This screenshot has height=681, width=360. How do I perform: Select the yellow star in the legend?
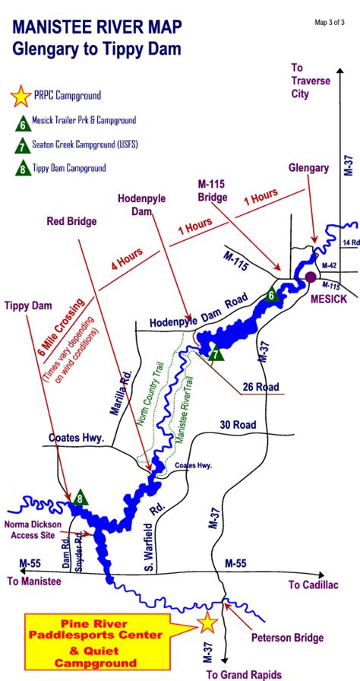[x=21, y=97]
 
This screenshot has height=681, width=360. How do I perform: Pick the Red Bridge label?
[x=72, y=221]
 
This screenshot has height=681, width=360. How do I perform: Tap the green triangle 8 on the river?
[x=81, y=498]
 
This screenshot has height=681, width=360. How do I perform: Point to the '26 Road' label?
[x=261, y=387]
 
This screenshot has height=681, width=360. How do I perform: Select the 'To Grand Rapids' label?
[x=244, y=674]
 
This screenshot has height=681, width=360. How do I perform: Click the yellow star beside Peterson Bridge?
[x=206, y=623]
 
